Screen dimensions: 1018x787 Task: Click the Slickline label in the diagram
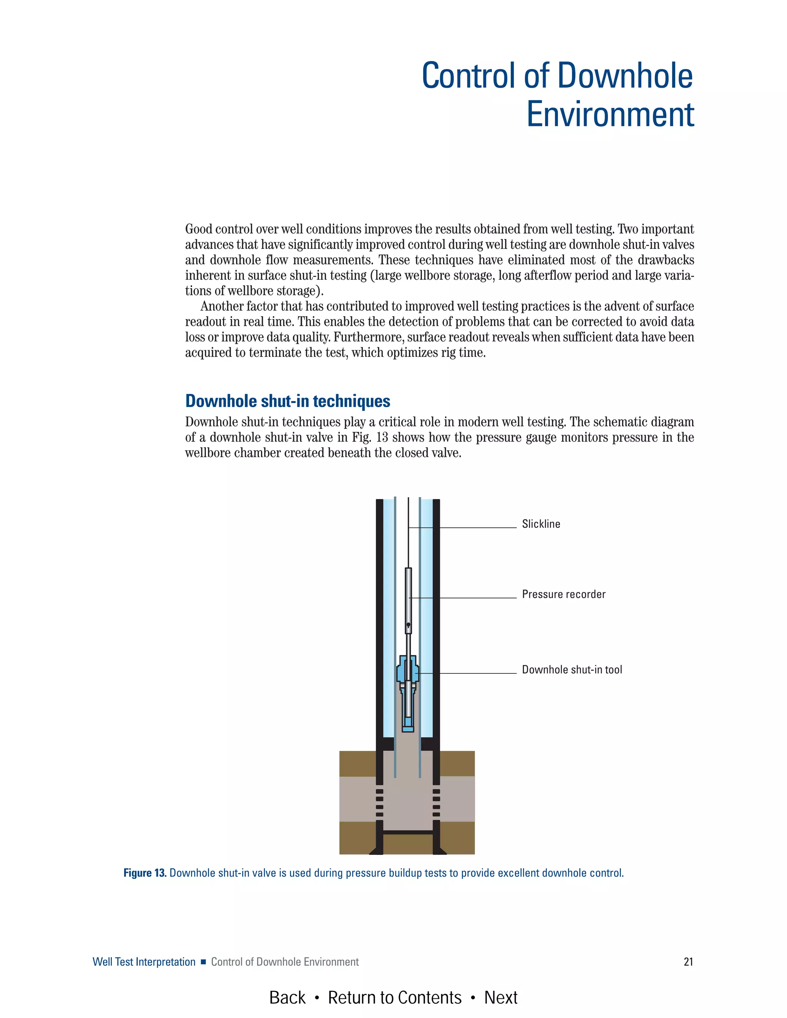[x=541, y=524]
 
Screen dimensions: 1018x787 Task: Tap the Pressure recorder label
[x=563, y=594]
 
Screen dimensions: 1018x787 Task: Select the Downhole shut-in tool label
[x=571, y=670]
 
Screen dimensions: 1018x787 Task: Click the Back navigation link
[x=287, y=998]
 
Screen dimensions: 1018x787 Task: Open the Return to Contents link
[x=394, y=998]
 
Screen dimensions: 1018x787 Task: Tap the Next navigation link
[x=501, y=998]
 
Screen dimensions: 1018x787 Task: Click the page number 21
[x=688, y=962]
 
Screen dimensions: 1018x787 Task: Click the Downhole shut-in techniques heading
[x=288, y=401]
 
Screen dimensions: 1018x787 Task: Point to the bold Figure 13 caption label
[x=144, y=873]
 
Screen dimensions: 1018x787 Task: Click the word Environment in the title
[x=610, y=114]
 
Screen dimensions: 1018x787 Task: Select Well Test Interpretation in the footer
[x=144, y=962]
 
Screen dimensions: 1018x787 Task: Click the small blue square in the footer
[x=203, y=962]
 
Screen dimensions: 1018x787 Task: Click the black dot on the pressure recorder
[x=408, y=625]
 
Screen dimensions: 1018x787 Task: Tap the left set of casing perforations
[x=380, y=803]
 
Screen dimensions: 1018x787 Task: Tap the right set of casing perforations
[x=437, y=803]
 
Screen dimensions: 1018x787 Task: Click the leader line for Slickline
[x=476, y=528]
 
